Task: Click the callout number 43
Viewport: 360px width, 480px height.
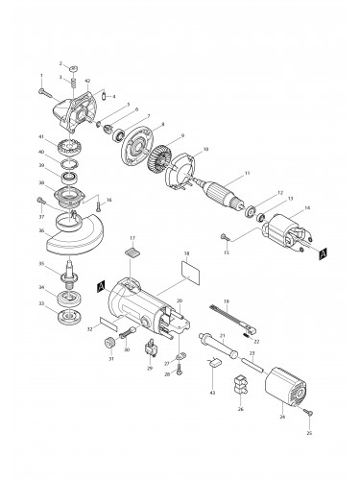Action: (212, 393)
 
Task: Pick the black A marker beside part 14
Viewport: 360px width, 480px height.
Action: (320, 254)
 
